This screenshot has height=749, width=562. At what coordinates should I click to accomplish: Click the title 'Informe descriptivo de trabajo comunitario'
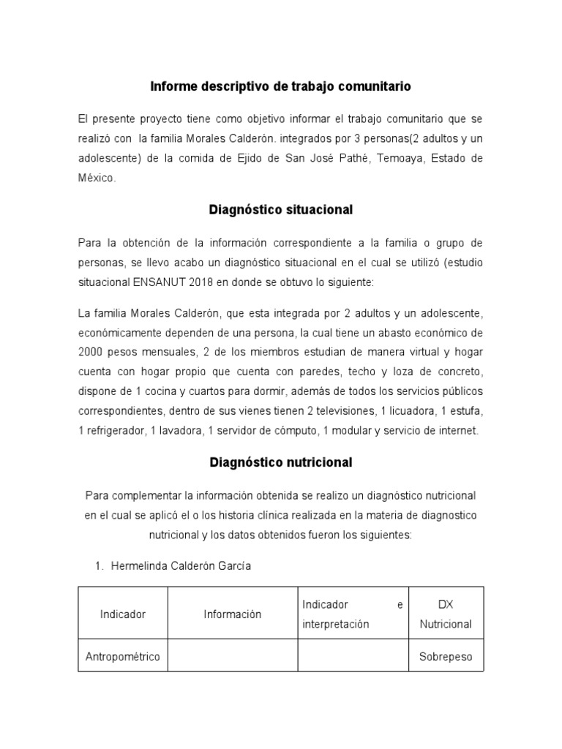(x=280, y=86)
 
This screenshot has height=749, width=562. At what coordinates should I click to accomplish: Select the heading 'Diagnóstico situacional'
(x=280, y=210)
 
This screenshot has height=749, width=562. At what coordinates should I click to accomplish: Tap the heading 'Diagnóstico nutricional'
(x=280, y=462)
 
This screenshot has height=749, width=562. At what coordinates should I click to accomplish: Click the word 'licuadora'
(x=413, y=411)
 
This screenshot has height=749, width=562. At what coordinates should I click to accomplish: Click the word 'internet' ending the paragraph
(x=457, y=431)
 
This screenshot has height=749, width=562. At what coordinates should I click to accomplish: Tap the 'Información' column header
(x=232, y=614)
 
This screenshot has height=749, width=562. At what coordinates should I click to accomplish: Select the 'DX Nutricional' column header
(x=445, y=614)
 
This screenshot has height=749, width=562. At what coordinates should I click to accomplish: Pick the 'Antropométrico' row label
(x=122, y=656)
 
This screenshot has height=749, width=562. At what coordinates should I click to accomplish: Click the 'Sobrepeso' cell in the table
(x=445, y=656)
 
